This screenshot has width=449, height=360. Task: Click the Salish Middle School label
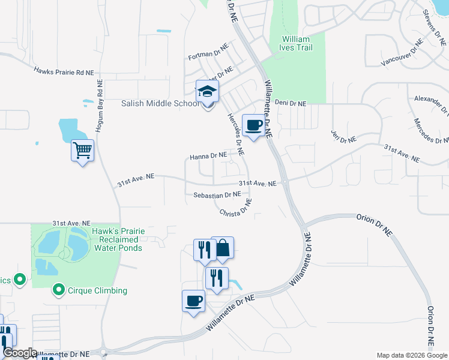pyautogui.click(x=161, y=103)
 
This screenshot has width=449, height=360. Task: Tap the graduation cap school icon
pyautogui.click(x=208, y=92)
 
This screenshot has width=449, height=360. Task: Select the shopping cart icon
pyautogui.click(x=82, y=150)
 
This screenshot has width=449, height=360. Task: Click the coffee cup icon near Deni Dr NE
pyautogui.click(x=253, y=125)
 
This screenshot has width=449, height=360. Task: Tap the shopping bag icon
pyautogui.click(x=222, y=247)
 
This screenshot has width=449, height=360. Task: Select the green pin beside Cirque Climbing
pyautogui.click(x=58, y=291)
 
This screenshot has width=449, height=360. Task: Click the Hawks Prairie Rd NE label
pyautogui.click(x=64, y=72)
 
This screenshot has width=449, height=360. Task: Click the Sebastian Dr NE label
pyautogui.click(x=217, y=195)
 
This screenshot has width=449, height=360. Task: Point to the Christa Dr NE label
pyautogui.click(x=236, y=210)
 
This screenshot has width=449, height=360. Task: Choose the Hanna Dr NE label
pyautogui.click(x=208, y=156)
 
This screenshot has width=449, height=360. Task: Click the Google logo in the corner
pyautogui.click(x=20, y=353)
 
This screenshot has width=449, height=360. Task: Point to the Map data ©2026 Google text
pyautogui.click(x=411, y=355)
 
